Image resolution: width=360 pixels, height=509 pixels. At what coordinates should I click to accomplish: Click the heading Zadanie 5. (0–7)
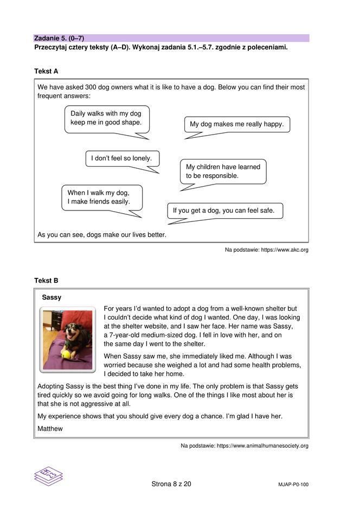[59, 38]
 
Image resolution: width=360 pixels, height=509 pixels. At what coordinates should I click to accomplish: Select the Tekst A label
[46, 71]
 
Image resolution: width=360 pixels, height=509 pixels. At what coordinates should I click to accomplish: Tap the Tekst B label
[46, 281]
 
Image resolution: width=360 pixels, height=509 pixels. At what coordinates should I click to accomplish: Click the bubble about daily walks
[106, 118]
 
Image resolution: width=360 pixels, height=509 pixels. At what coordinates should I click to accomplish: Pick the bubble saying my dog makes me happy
[236, 124]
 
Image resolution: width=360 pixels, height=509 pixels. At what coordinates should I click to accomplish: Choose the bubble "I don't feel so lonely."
[122, 158]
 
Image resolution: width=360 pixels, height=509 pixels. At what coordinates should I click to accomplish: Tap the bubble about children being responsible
[223, 171]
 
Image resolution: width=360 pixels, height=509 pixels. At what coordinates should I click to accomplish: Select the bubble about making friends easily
[102, 197]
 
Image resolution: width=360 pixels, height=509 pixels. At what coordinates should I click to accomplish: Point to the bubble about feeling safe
[224, 211]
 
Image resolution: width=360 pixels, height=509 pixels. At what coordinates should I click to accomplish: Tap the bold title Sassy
[52, 297]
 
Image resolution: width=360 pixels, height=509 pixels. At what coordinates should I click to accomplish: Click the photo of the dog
[68, 339]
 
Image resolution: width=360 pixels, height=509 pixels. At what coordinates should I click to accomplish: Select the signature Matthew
[50, 429]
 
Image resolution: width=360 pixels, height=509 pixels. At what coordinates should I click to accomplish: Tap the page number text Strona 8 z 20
[171, 484]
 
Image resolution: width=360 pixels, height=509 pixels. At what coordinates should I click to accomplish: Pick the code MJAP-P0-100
[292, 485]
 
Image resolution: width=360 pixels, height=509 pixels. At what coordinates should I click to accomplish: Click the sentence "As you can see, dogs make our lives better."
[102, 235]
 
